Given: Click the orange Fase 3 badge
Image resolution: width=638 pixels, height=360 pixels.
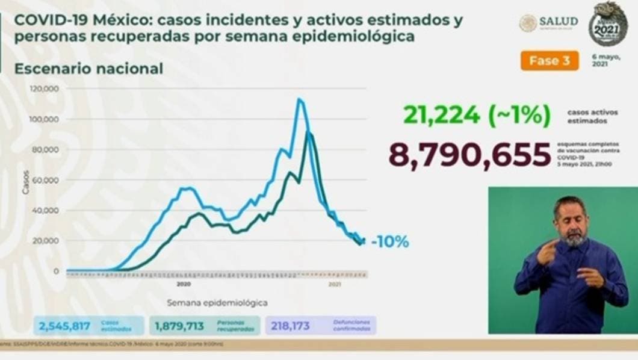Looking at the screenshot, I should pyautogui.click(x=549, y=60).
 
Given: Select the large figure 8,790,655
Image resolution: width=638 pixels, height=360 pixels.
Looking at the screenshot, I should pyautogui.click(x=469, y=154).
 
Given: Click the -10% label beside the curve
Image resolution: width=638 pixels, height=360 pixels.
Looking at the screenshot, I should pyautogui.click(x=389, y=242).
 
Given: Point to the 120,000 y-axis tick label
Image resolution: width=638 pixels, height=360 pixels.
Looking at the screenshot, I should pyautogui.click(x=44, y=88).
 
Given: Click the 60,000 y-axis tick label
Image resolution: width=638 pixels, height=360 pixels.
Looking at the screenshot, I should pyautogui.click(x=46, y=180).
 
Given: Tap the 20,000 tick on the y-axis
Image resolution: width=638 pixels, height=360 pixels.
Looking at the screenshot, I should pyautogui.click(x=46, y=241).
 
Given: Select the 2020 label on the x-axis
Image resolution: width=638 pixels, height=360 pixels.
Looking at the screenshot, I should pyautogui.click(x=184, y=284).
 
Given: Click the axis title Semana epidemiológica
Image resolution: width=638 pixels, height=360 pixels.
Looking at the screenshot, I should pyautogui.click(x=217, y=302).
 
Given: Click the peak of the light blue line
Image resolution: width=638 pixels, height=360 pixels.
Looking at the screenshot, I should pyautogui.click(x=300, y=99).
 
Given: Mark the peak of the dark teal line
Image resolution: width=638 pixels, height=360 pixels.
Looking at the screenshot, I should pyautogui.click(x=309, y=132).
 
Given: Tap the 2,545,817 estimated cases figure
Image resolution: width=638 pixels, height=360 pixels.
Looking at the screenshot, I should pyautogui.click(x=64, y=326).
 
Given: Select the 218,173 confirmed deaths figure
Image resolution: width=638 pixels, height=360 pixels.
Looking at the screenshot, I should pyautogui.click(x=291, y=326).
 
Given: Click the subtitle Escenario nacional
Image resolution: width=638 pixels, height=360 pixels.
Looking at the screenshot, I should pyautogui.click(x=88, y=69).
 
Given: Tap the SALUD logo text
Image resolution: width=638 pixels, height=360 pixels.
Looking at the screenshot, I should pyautogui.click(x=558, y=22).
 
